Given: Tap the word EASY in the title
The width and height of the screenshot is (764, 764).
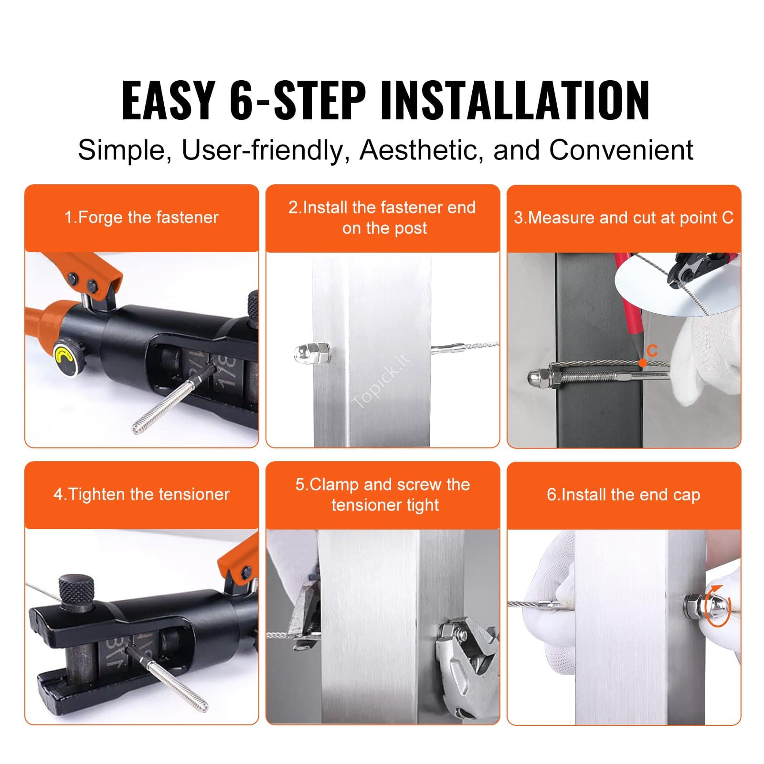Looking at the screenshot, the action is pyautogui.click(x=167, y=100).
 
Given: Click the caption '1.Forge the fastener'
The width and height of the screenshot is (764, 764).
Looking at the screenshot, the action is pyautogui.click(x=141, y=218).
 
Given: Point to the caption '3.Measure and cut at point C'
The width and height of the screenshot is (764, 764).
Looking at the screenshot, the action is pyautogui.click(x=624, y=218).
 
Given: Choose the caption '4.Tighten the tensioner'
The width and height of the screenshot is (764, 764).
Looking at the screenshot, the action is pyautogui.click(x=141, y=494).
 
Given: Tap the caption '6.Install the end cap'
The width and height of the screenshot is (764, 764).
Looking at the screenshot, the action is pyautogui.click(x=624, y=495).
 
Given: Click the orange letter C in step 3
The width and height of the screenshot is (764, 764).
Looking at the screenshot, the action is pyautogui.click(x=652, y=351).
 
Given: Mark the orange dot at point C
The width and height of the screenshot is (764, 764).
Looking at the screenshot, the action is pyautogui.click(x=643, y=363).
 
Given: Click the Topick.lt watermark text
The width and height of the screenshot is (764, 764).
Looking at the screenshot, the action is pyautogui.click(x=382, y=381).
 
